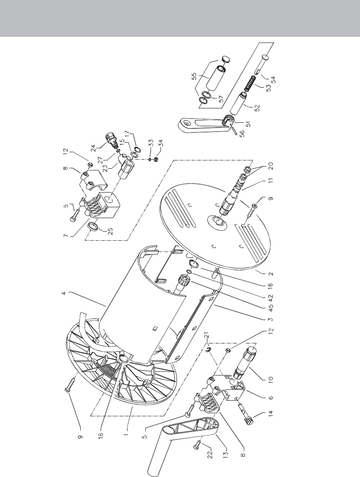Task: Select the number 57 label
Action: pos(222,99)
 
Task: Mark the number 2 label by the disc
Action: pos(271,274)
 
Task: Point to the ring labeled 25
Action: pos(92,227)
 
